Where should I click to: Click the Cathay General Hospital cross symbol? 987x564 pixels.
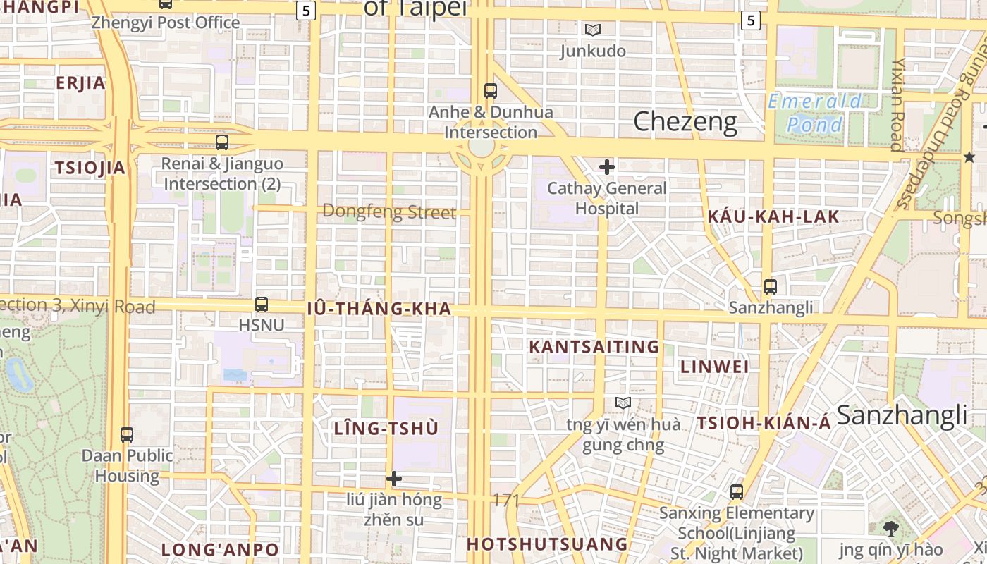coord(606,167)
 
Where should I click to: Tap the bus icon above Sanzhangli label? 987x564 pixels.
coord(770,287)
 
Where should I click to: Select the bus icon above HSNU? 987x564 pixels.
coord(262,305)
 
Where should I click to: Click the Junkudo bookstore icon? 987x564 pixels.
coord(592,30)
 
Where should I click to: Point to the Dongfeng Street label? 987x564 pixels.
coord(389,212)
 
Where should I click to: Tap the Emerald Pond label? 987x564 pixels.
coord(814,113)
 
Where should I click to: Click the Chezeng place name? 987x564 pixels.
coord(685,122)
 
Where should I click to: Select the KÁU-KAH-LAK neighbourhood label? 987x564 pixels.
coord(773,217)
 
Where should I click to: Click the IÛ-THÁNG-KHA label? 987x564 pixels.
coord(379,309)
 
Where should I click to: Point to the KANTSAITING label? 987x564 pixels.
coord(594,347)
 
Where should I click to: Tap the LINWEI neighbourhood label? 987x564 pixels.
coord(715,367)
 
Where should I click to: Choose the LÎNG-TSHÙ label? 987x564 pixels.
coord(386,429)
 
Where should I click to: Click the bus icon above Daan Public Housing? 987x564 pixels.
coord(127,434)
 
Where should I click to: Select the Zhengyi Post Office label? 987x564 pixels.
coord(166,23)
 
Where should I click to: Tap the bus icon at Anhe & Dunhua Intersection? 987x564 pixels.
coord(490,90)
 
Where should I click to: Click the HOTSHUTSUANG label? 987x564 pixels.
coord(547,544)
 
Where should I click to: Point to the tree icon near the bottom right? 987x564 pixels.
coord(890,528)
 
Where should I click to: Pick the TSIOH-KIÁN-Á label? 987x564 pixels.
coord(764,424)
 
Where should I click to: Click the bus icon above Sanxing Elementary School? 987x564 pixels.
coord(737,492)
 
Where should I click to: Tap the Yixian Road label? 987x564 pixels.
coord(897,104)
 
